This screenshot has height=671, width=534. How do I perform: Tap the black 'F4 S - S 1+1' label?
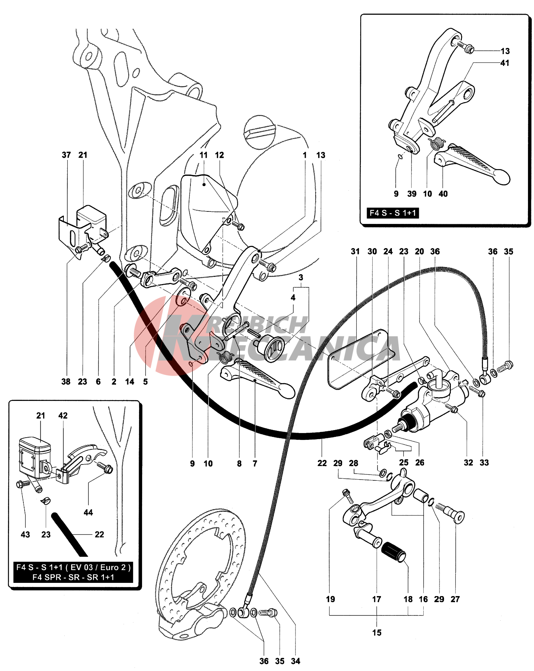393,213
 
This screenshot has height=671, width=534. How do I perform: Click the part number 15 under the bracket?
377,632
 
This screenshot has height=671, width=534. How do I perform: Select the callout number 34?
296,661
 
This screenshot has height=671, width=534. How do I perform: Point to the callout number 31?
355,252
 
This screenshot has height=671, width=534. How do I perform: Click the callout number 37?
66,155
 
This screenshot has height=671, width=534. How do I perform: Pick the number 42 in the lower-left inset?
63,415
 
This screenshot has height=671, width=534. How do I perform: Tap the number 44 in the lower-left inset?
88,512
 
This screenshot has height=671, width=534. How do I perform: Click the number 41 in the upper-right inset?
505,63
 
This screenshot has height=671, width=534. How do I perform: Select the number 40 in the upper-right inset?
443,194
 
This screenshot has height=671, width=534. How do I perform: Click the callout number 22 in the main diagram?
322,463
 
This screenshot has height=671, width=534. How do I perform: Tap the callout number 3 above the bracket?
301,277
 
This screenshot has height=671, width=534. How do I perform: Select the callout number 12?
219,155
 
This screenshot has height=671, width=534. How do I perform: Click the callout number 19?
330,599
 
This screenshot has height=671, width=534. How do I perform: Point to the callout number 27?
455,599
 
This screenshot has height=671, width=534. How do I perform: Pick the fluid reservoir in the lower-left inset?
34,456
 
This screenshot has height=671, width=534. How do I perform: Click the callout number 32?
468,462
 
